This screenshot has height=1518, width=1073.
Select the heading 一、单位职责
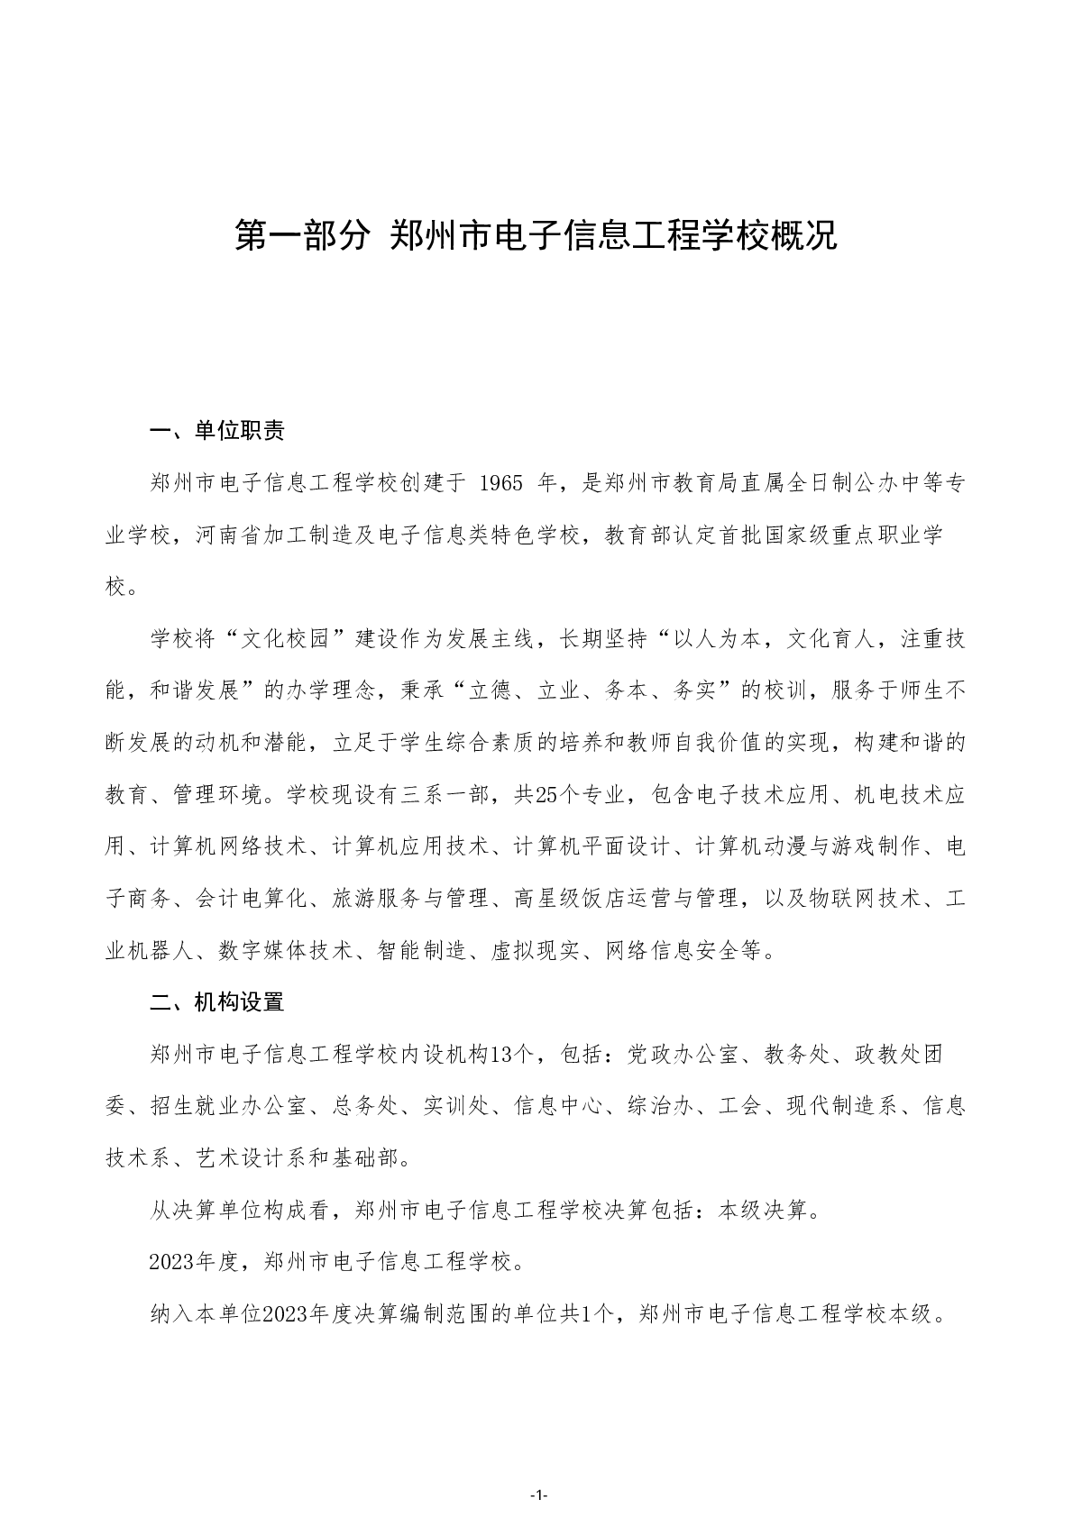tap(217, 432)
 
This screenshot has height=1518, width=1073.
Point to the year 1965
tap(501, 484)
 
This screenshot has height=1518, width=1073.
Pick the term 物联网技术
tap(865, 899)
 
